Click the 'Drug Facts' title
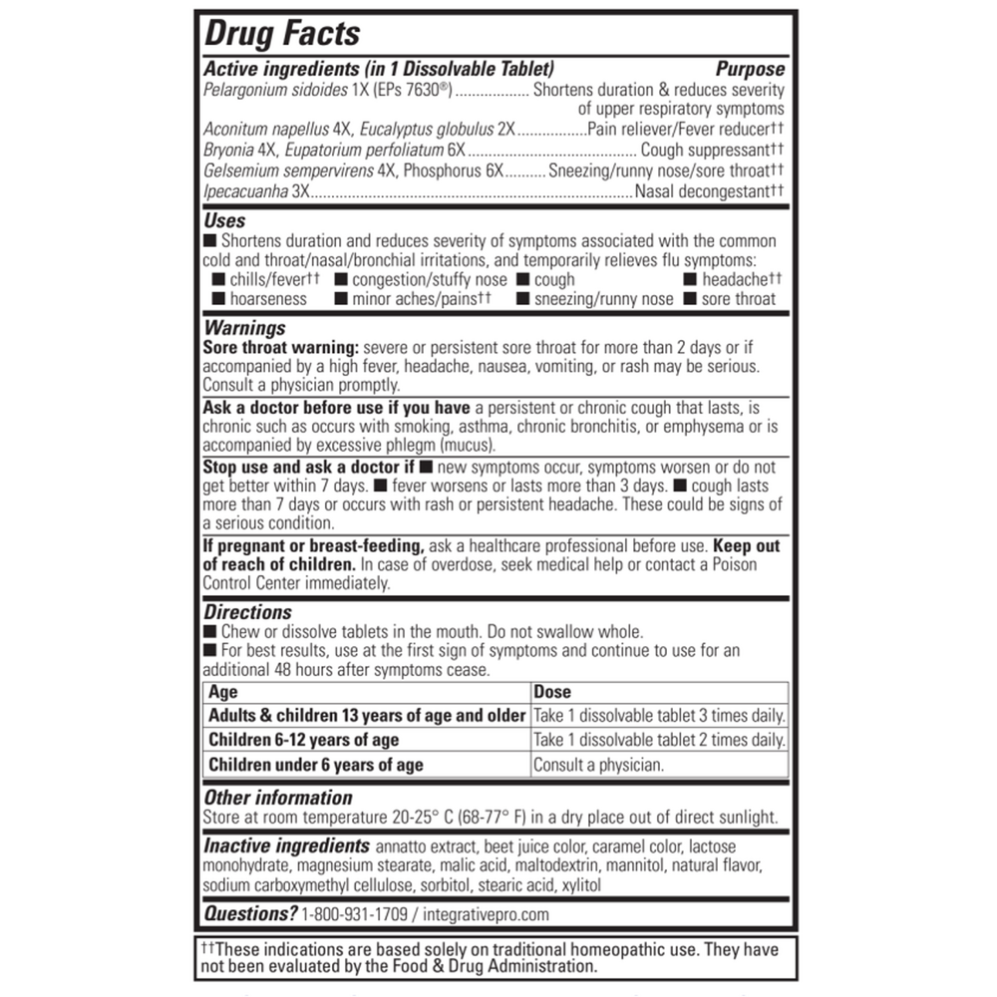pyautogui.click(x=281, y=33)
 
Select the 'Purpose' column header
pyautogui.click(x=750, y=70)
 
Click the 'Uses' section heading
pyautogui.click(x=224, y=221)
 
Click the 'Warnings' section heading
pyautogui.click(x=244, y=327)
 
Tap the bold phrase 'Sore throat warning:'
pyautogui.click(x=282, y=347)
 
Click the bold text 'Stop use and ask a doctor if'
pyautogui.click(x=309, y=467)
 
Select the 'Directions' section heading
pyautogui.click(x=248, y=612)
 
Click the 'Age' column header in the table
pyautogui.click(x=223, y=692)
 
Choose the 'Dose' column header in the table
pyautogui.click(x=552, y=692)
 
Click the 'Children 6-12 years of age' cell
pyautogui.click(x=303, y=740)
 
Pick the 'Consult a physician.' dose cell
pyautogui.click(x=598, y=765)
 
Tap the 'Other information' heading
pyautogui.click(x=278, y=798)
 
